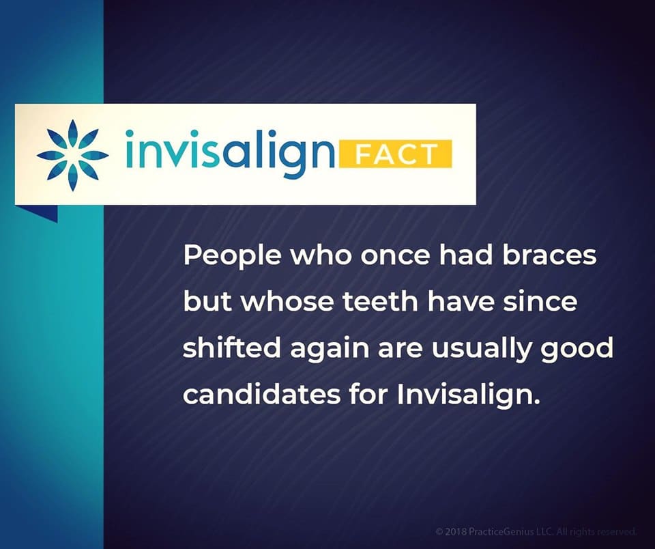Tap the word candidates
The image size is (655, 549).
pos(259,394)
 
